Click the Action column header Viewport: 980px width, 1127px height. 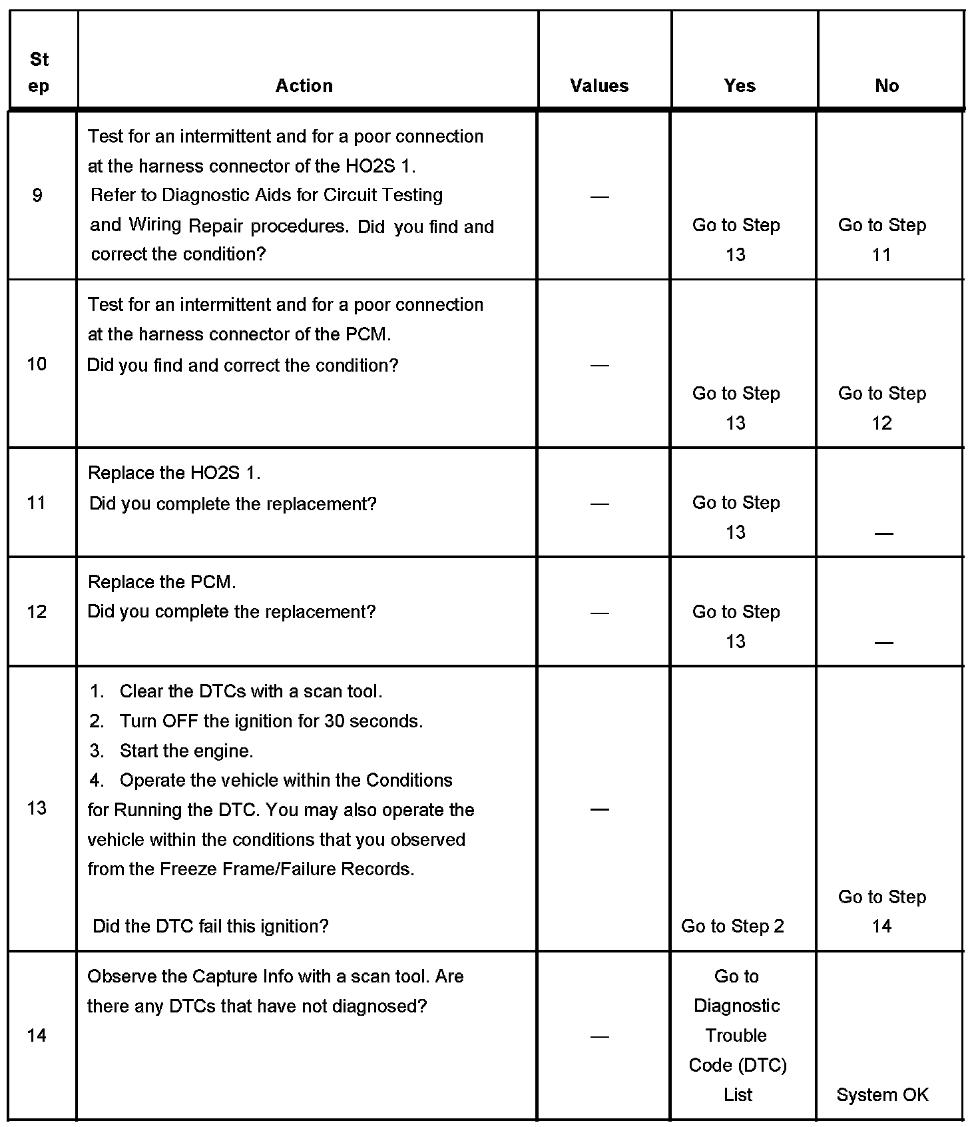[x=304, y=86]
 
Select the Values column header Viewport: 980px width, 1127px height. [x=599, y=86]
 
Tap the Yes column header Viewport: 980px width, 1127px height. [x=740, y=86]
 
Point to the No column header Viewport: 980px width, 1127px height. [x=887, y=86]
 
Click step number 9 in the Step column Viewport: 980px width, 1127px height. [x=37, y=195]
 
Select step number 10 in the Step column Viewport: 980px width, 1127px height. [x=37, y=364]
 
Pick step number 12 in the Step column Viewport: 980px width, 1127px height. [x=37, y=611]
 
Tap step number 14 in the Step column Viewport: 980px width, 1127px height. [x=37, y=1035]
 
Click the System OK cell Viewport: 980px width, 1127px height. [x=882, y=1095]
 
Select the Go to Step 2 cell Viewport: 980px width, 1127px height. [x=732, y=926]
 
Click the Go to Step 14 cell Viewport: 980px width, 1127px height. [x=882, y=911]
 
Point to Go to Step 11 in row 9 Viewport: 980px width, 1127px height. [x=882, y=240]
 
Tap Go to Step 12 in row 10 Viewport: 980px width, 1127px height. [x=882, y=408]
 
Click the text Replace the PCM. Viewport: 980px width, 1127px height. [x=162, y=582]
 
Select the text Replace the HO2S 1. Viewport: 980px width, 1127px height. [x=174, y=473]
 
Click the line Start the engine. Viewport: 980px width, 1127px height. [x=186, y=751]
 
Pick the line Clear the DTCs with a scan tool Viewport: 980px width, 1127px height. [x=251, y=691]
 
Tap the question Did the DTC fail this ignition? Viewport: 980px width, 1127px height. [x=210, y=926]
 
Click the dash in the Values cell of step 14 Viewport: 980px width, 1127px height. [x=600, y=1036]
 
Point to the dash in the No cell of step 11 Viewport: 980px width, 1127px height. [x=883, y=534]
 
